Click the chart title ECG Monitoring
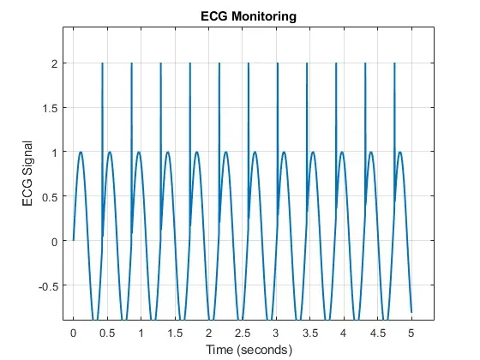(249, 16)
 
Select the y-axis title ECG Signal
(27, 173)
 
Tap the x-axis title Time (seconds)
(249, 350)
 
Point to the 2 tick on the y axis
(55, 63)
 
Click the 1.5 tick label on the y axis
(51, 108)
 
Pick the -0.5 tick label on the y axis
(48, 287)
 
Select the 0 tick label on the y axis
(55, 242)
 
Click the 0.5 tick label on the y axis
(51, 197)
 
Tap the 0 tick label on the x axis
(73, 333)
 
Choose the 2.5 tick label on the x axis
(243, 333)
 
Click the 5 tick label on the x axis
(411, 333)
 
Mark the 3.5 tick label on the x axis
(310, 333)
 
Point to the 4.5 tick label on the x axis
(378, 333)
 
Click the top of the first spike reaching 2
(102, 63)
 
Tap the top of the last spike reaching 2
(394, 63)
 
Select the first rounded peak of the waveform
(81, 152)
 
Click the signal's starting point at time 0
(73, 240)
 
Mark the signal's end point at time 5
(411, 312)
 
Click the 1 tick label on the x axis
(141, 333)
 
